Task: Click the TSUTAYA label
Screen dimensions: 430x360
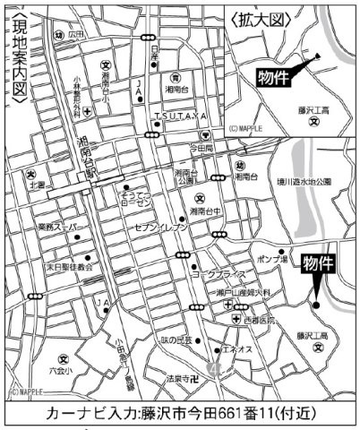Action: click(x=180, y=118)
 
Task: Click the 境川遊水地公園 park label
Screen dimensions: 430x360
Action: click(x=301, y=181)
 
